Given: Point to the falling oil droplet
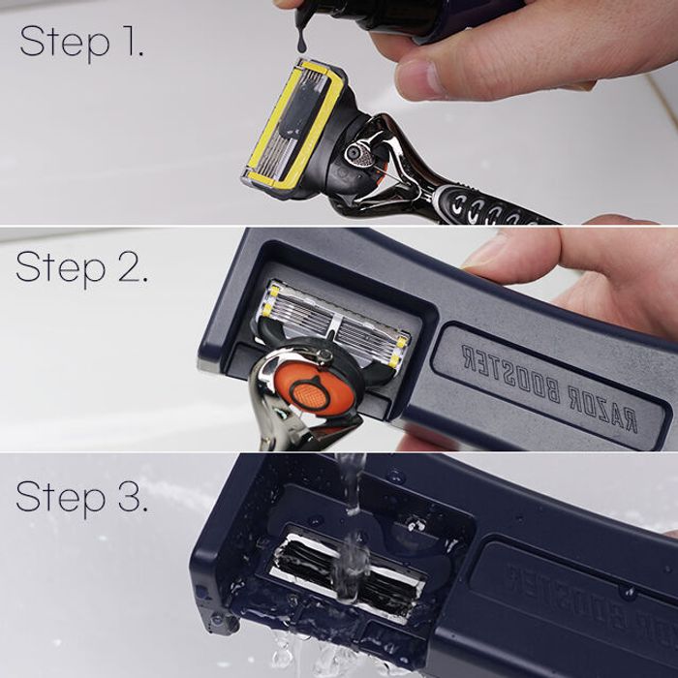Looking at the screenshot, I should (x=303, y=39).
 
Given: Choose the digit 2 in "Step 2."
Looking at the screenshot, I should (x=129, y=266).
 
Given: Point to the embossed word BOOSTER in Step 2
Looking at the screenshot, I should (x=513, y=374).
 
